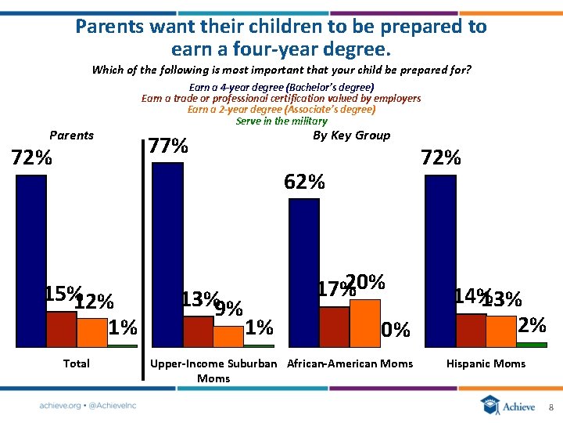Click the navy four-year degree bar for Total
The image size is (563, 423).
point(31,258)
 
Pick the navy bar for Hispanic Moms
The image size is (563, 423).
point(439,258)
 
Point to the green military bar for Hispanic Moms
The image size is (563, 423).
point(532,344)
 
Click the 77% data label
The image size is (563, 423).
point(169,146)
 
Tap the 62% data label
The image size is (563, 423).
point(305,183)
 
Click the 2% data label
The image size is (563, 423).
point(532,324)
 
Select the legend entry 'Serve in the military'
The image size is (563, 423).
point(281,121)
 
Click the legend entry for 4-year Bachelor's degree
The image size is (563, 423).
point(281,87)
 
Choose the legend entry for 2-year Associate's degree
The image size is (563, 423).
point(281,110)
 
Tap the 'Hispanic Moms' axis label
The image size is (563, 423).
point(486,363)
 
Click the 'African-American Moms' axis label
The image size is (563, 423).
point(350,363)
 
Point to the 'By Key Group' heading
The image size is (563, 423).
point(351,136)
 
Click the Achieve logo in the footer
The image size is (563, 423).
point(509,406)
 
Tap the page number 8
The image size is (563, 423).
point(550,407)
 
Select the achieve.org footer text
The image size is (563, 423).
point(88,406)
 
